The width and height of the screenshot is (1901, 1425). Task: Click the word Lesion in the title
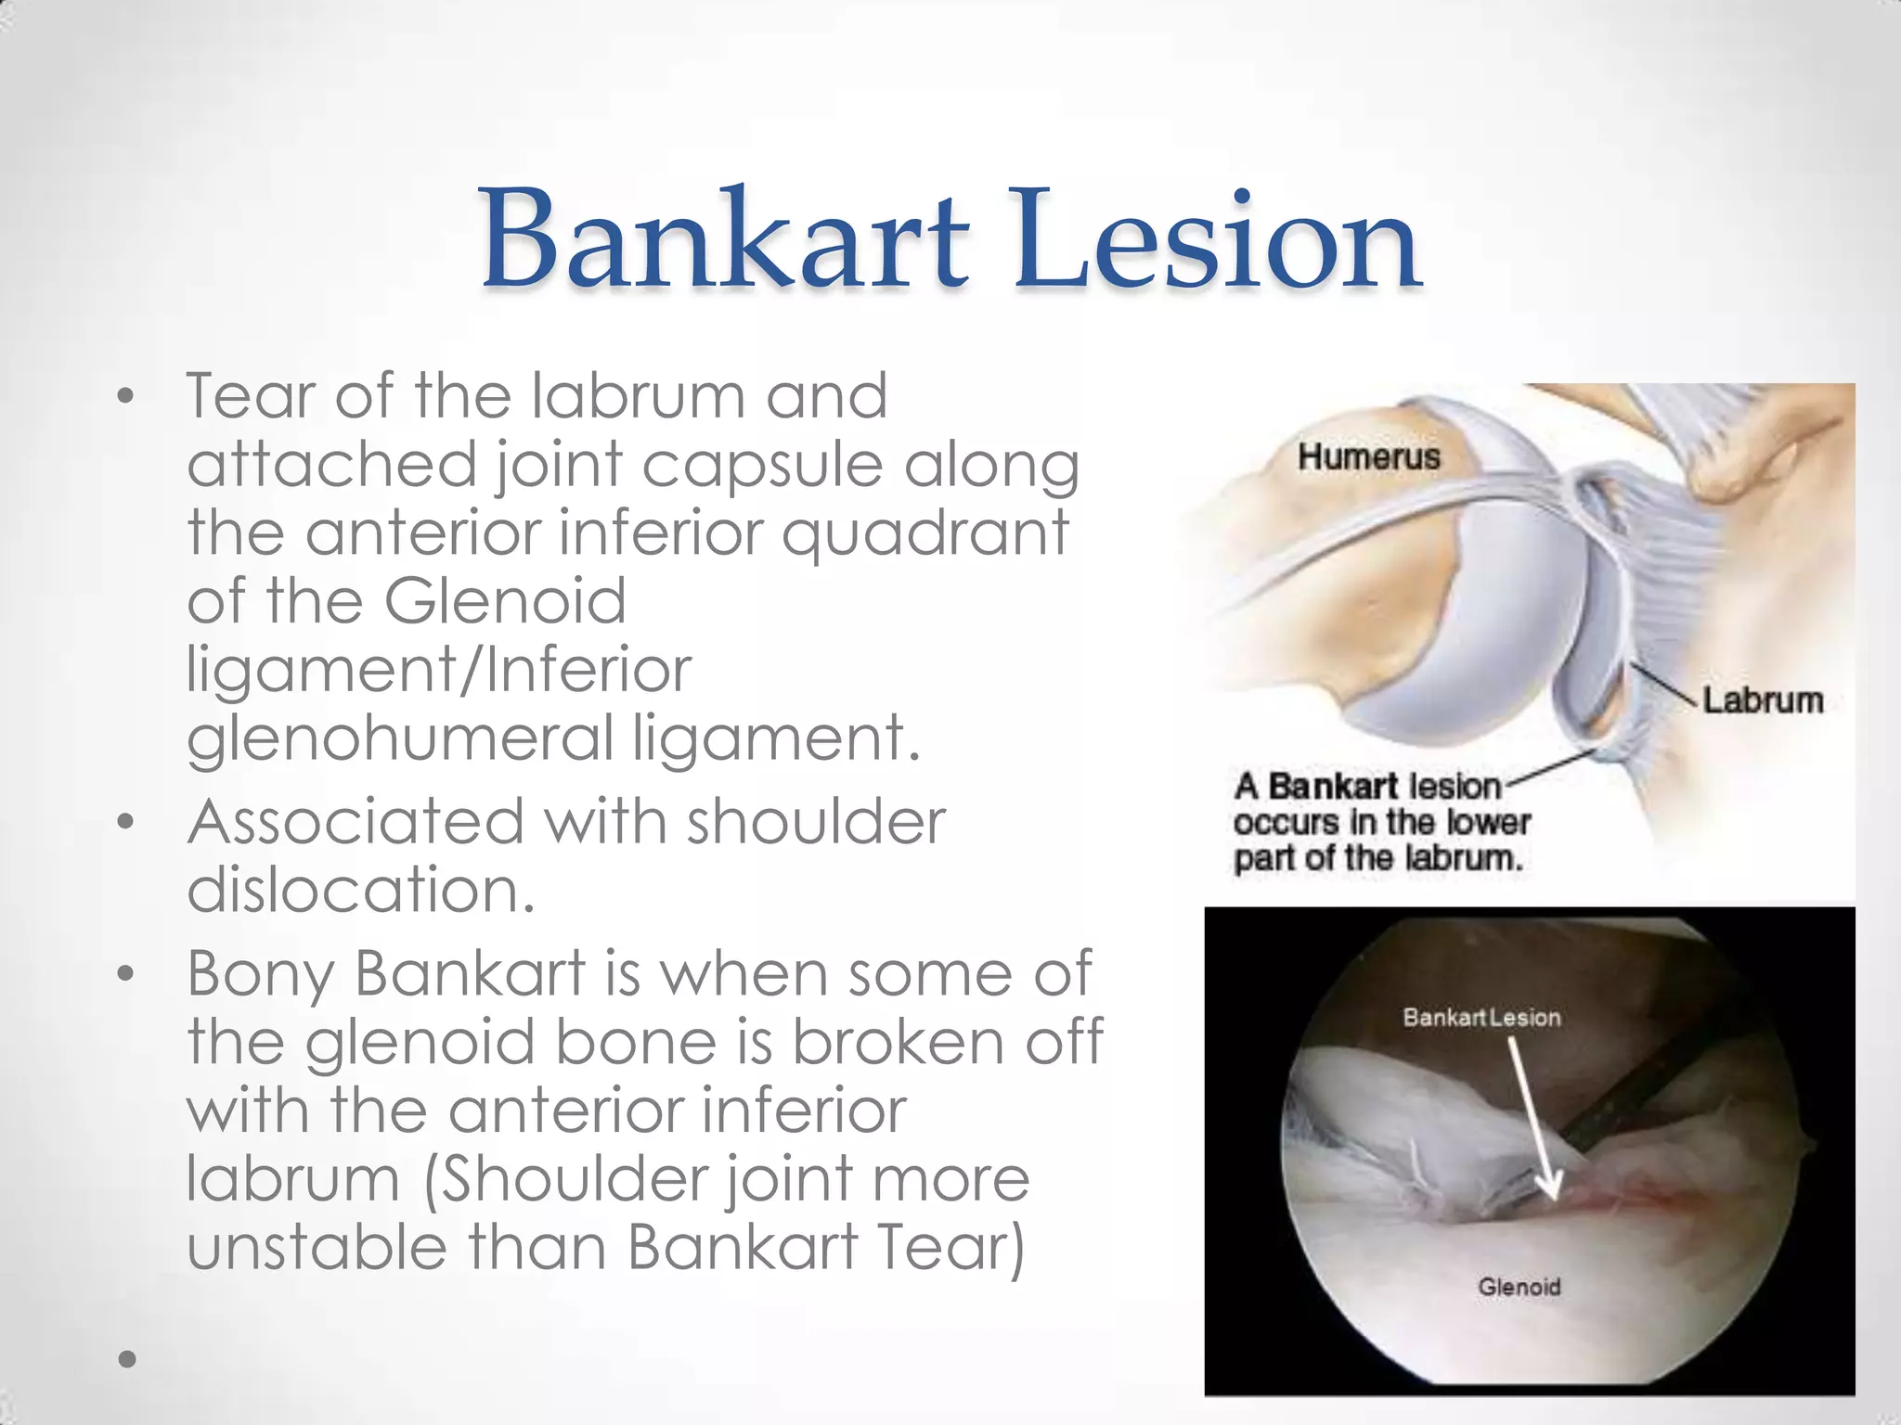click(1216, 239)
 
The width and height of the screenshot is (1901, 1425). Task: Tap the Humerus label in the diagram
click(1368, 456)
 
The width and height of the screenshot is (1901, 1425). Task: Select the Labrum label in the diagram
click(1762, 700)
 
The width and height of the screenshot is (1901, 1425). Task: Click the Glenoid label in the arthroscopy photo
click(1519, 1287)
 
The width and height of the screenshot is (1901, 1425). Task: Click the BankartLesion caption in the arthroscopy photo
click(1481, 1018)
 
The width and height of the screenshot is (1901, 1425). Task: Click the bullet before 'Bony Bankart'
click(126, 975)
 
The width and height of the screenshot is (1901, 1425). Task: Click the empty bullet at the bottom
click(127, 1360)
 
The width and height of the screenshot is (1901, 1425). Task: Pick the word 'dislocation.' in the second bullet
click(360, 891)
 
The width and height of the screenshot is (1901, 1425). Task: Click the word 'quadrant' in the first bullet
click(925, 534)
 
